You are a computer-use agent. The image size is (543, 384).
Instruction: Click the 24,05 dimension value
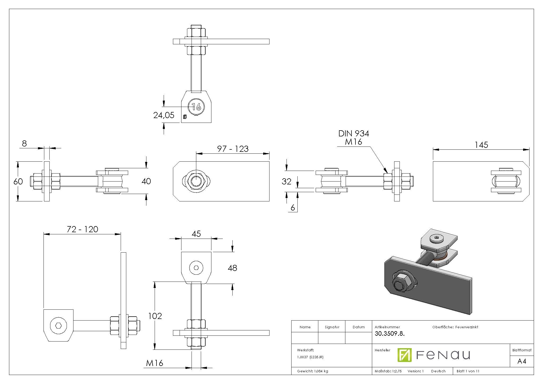pos(164,115)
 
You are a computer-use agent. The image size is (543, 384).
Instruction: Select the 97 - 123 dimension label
pos(233,149)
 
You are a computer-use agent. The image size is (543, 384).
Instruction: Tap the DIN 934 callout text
pos(354,133)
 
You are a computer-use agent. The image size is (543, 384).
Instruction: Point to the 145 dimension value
pos(481,145)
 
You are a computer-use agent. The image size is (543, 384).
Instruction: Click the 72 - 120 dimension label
pos(82,229)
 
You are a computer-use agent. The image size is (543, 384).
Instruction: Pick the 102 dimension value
pos(155,316)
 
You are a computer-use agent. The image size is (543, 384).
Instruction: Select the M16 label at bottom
pos(155,363)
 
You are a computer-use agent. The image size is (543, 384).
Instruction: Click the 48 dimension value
pos(232,268)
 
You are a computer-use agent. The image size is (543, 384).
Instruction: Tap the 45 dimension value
pos(196,234)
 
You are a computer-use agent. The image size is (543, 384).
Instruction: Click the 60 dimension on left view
pos(18,181)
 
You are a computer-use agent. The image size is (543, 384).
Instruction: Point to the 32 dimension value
pos(286,181)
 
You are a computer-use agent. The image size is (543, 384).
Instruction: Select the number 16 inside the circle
pos(196,107)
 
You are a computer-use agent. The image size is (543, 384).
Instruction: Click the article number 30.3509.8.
pos(389,334)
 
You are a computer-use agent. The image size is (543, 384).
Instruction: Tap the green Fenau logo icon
pos(404,355)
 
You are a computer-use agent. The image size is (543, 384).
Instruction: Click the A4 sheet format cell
pos(522,361)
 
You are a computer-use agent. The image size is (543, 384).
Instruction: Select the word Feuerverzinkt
pos(467,327)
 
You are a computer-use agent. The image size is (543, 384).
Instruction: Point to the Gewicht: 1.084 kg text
pos(312,371)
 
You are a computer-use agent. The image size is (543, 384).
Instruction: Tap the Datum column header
pos(359,327)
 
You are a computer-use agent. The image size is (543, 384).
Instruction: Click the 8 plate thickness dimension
pos(24,144)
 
